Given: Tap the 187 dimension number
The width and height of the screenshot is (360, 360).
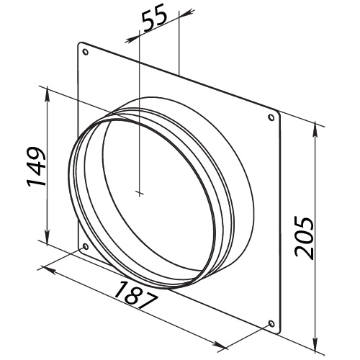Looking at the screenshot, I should pos(138,294).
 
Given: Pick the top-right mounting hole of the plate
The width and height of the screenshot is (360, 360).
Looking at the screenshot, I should pos(271,117).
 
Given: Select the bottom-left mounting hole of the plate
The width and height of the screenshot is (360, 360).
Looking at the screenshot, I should pos(86,248).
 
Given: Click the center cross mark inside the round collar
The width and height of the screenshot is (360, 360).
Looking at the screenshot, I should pos(138,193).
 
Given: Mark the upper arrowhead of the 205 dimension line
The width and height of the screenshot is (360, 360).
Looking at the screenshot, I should pos(317,125).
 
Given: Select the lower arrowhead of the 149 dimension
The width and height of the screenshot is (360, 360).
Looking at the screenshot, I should pos(48,245).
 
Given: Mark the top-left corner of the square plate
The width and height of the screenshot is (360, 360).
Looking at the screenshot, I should pos(78,42).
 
